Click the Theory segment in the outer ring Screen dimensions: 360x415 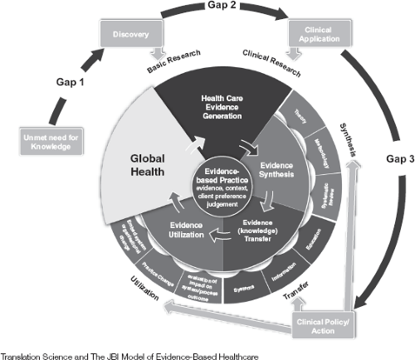point(301,122)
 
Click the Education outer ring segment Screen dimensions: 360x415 point(311,248)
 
